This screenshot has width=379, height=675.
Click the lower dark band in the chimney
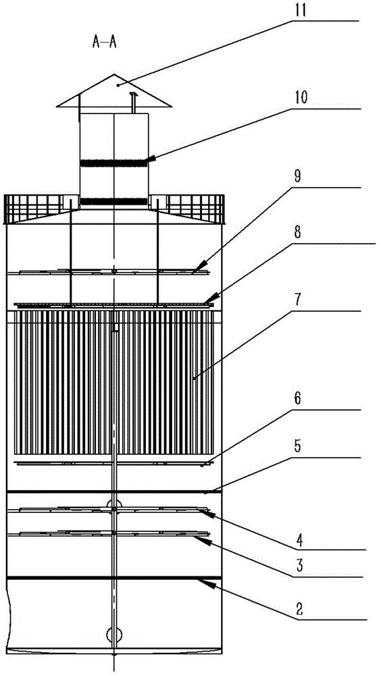pyautogui.click(x=114, y=201)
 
